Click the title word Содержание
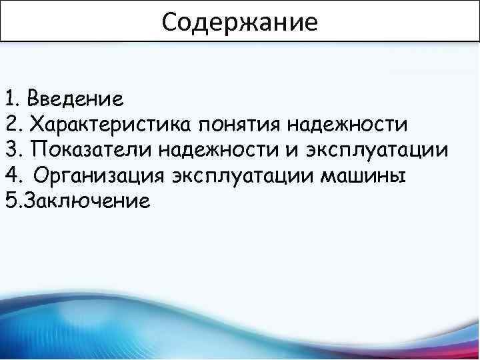240,23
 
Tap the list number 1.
10,100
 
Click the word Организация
99,176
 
